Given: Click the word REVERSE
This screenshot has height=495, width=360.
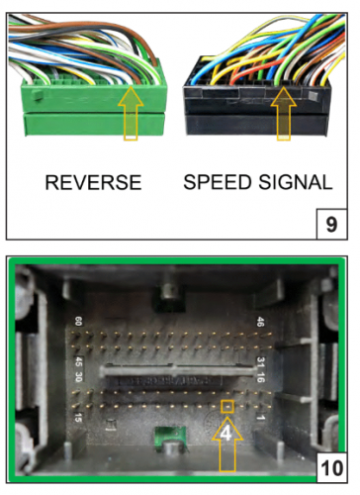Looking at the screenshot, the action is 93,182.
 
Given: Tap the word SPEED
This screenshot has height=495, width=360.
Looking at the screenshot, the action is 217,182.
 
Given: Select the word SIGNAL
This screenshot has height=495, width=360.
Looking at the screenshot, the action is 295,182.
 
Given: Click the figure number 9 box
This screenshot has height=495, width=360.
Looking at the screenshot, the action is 331,224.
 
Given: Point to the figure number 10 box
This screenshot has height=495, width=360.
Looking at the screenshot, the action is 331,468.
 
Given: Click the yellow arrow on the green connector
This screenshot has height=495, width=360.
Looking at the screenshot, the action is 131,113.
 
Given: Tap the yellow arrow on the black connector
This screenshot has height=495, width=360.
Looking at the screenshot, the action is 284,114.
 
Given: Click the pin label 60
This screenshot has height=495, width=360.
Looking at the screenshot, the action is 78,322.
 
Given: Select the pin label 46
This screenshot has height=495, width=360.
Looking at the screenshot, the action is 260,322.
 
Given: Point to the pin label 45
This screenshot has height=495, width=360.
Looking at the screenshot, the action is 78,362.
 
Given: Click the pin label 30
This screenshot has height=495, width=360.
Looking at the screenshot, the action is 78,377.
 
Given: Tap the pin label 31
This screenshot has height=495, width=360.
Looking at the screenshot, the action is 260,362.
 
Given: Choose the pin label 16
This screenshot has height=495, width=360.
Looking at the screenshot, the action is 260,377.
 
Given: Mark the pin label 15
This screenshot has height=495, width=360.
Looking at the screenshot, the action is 78,418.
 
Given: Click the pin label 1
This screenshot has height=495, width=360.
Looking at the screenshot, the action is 260,418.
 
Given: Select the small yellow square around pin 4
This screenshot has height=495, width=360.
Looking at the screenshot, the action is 227,406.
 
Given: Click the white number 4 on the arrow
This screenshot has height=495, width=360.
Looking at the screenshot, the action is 226,435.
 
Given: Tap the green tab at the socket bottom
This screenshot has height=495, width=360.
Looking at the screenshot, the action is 169,438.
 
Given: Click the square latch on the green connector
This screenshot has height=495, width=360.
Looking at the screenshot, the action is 38,95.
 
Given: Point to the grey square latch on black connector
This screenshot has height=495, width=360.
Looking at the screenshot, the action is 313,96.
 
